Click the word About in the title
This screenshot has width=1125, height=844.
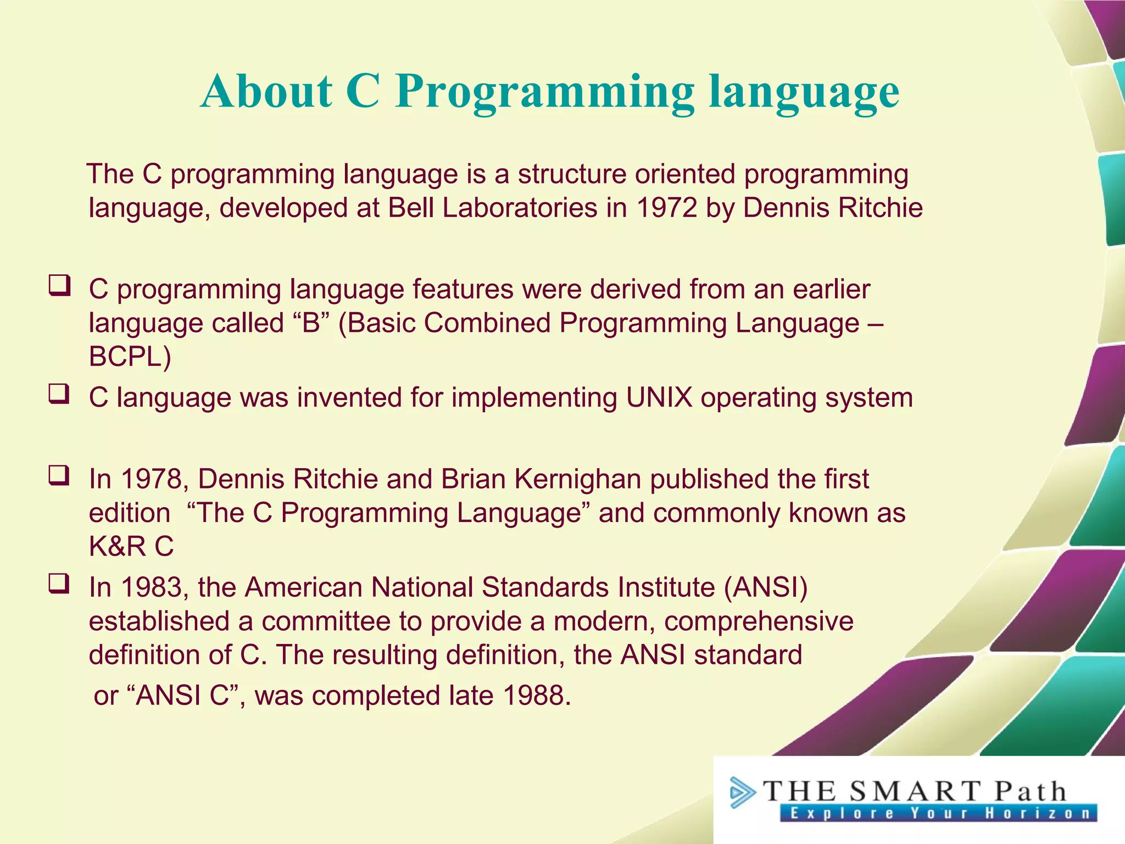pos(266,91)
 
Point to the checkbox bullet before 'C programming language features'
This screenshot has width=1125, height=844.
pos(59,286)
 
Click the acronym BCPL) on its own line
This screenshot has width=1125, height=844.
pos(130,357)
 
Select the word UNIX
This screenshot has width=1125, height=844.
pos(659,397)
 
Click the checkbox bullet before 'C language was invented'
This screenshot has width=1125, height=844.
pos(59,394)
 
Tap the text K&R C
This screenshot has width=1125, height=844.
pos(131,547)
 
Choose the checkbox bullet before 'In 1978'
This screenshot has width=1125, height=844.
pos(59,476)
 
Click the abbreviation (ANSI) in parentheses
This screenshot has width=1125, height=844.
pos(766,587)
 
